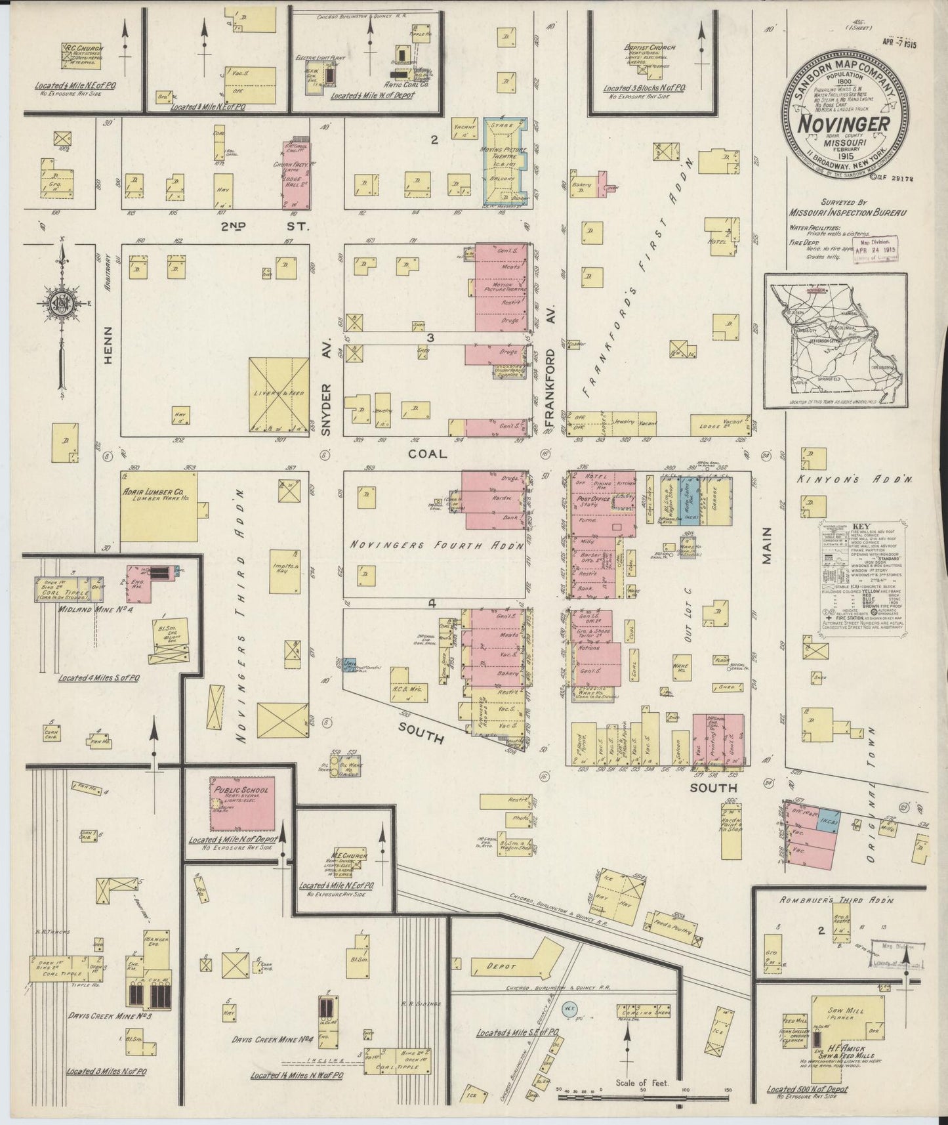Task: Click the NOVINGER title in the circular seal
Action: click(x=844, y=124)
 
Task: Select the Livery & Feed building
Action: click(x=279, y=396)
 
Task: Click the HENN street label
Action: click(x=108, y=346)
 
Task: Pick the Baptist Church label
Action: click(x=649, y=48)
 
